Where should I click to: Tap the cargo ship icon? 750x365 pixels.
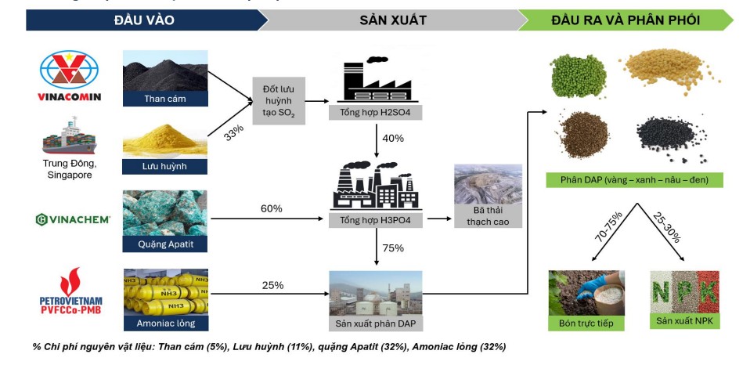[70, 139]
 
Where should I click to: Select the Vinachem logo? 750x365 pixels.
[73, 219]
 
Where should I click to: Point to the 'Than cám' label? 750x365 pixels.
[165, 99]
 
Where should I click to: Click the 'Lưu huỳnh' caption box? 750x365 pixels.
[165, 166]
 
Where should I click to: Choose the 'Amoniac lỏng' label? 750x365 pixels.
[165, 323]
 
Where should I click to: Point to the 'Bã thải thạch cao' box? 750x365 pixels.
[488, 213]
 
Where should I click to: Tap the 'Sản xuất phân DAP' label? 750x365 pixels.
[375, 323]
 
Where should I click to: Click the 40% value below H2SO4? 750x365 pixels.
[393, 139]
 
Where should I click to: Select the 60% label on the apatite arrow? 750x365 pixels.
[271, 209]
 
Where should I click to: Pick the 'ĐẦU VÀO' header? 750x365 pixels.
[144, 20]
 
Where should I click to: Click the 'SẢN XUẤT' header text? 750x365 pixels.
[393, 20]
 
